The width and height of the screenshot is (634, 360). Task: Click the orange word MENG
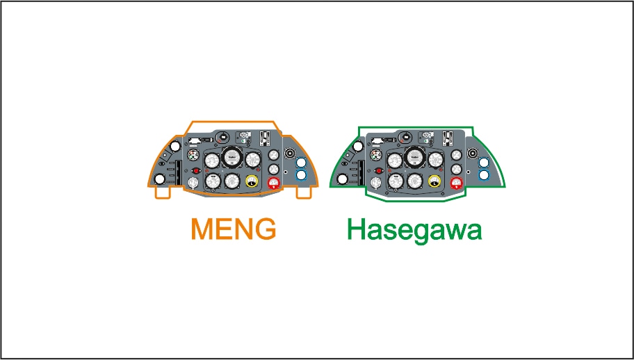click(x=234, y=229)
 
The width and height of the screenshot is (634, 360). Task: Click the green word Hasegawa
click(x=414, y=231)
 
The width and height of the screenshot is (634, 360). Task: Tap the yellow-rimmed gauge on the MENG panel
click(x=251, y=182)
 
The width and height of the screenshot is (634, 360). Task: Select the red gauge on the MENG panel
click(x=273, y=183)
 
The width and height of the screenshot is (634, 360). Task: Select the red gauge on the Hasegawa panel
click(x=457, y=183)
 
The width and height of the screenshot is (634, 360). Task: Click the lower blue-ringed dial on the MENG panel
click(x=301, y=175)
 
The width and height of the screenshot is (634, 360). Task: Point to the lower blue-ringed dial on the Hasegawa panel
click(x=485, y=175)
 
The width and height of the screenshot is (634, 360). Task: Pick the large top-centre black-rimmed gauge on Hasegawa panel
click(x=415, y=158)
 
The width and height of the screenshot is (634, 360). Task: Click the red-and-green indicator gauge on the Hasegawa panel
click(x=376, y=156)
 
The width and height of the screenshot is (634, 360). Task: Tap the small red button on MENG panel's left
click(x=196, y=170)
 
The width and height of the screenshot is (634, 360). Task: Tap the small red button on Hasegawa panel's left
click(x=379, y=170)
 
